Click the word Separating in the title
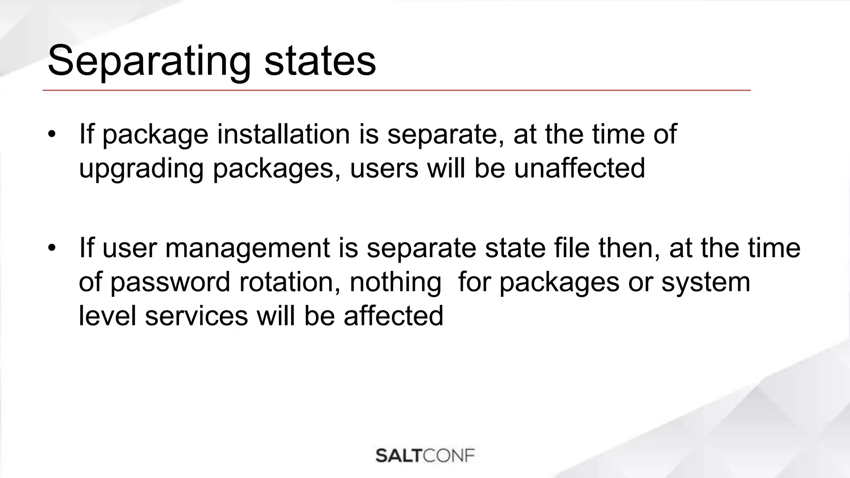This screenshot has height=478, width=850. pos(149,61)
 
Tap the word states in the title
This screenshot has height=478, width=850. pos(320,61)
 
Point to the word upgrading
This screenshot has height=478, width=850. pos(141,168)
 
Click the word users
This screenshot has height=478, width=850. pos(384,168)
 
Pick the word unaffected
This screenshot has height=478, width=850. pos(579,168)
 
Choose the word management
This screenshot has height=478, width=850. pos(247,248)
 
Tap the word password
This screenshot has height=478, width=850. pos(170,282)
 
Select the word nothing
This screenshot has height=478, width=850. pos(396,282)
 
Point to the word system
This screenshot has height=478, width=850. pos(706,282)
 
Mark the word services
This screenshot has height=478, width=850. pos(196,316)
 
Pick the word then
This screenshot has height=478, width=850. pos(629,248)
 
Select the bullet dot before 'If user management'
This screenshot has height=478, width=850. pos(51,248)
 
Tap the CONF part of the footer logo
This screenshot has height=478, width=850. pos(449,456)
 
